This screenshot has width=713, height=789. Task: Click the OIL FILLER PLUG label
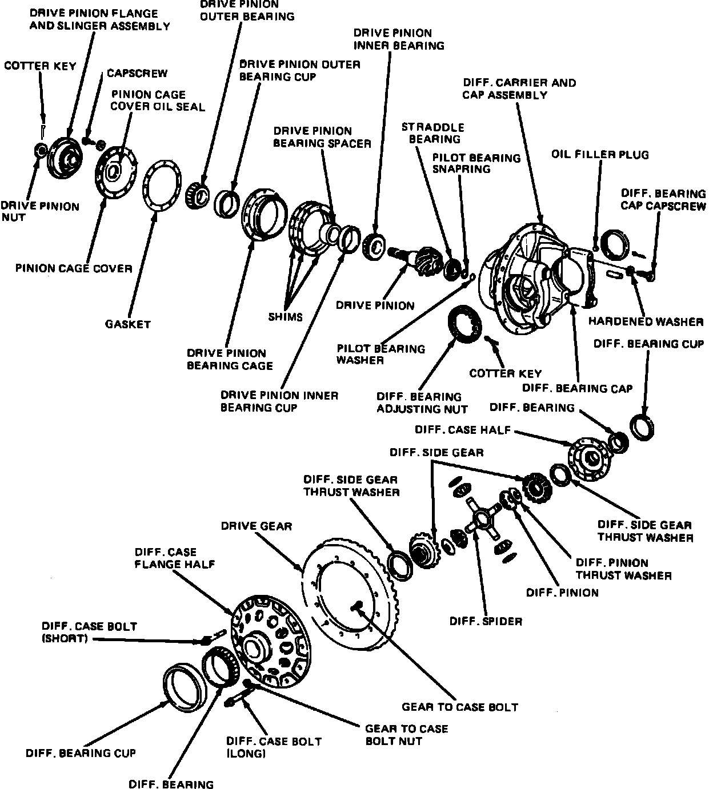pos(600,155)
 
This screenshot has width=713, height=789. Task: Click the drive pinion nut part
pos(41,150)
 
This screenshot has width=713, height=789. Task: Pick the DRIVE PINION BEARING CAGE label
pos(230,359)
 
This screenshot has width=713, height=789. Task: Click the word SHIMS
pos(285,317)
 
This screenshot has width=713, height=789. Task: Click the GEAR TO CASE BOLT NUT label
pos(406,735)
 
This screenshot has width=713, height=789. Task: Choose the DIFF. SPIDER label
pos(486,621)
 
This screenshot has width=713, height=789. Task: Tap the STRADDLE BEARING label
pos(432,133)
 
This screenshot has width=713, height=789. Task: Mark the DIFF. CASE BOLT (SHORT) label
pos(89,632)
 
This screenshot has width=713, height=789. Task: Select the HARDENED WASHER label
pos(646,321)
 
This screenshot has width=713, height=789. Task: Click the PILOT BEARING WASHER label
pos(380,354)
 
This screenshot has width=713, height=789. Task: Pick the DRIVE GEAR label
pos(257,526)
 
